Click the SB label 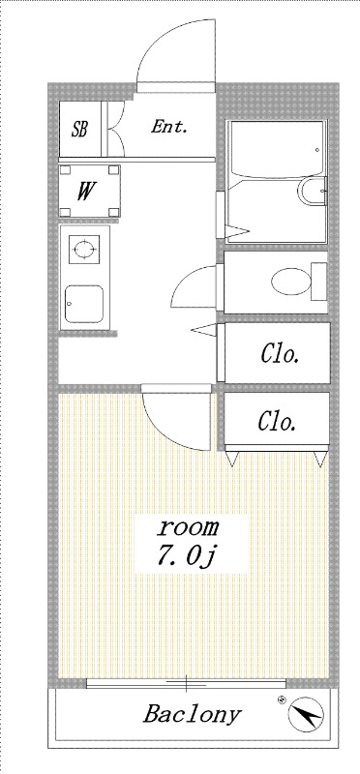79,130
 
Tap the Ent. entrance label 169,127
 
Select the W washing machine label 85,192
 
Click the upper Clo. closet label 280,354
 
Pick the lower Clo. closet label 277,421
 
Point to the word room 188,527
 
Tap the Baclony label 193,714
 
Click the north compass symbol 305,714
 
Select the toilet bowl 291,282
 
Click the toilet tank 319,282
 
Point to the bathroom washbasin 313,191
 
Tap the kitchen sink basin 84,303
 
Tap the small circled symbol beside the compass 282,699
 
